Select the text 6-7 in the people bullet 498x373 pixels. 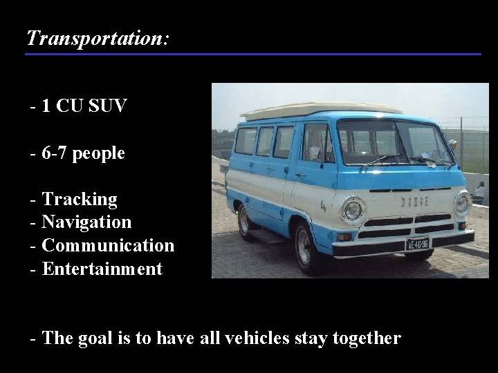pos(55,153)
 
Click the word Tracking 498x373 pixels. pos(80,200)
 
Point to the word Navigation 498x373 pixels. pos(86,222)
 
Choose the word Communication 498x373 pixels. pos(108,246)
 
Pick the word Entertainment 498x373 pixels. pos(102,269)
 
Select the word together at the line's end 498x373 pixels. pos(366,338)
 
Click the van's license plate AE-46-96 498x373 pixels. pos(417,243)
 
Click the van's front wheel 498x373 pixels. pos(304,247)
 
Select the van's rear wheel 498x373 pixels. pos(243,220)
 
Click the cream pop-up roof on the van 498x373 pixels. pos(322,110)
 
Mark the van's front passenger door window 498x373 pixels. pos(316,143)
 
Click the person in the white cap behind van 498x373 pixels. pos(453,146)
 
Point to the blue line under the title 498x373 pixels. pos(253,54)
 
